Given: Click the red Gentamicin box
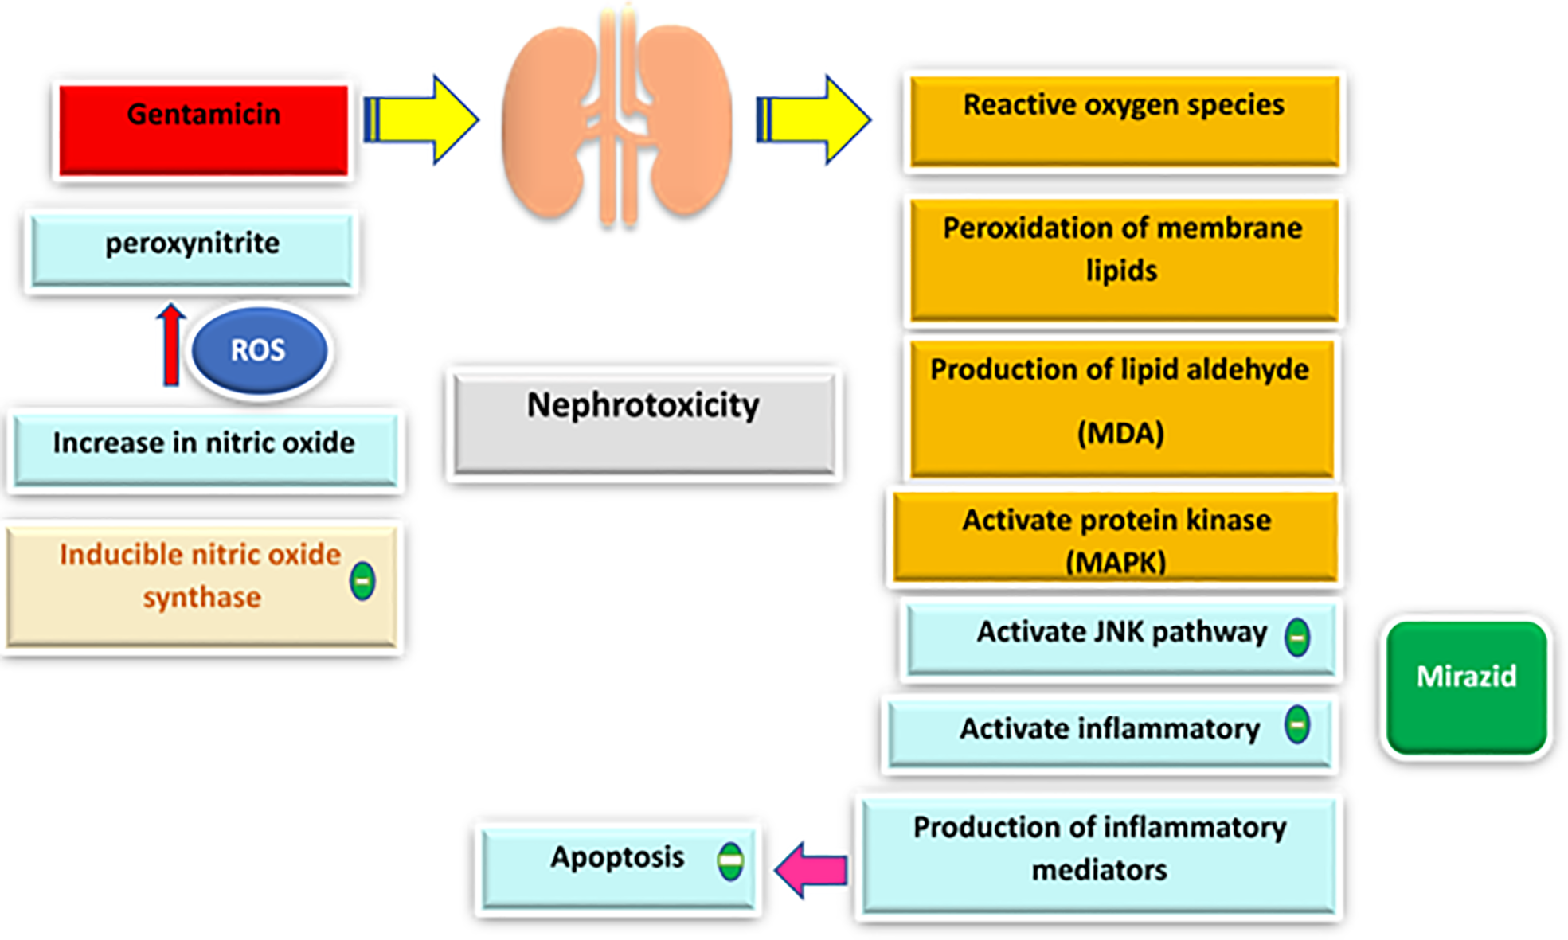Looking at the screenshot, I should pos(203,130).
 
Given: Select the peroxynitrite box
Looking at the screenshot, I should pos(191,248).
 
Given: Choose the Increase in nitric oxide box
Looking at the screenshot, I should pos(205,447).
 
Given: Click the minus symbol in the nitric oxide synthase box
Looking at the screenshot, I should pos(362,581).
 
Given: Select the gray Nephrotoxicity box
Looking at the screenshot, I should pos(643,422).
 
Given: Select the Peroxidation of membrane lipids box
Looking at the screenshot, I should pos(1123,259).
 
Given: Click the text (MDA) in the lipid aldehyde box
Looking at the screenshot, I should pos(1120,434).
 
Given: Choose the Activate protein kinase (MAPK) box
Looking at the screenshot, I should pos(1115,538).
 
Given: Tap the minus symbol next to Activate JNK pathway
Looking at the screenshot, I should pos(1297,637).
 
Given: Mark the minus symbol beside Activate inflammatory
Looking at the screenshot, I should pos(1297,725).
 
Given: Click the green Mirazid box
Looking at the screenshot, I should pos(1466,686).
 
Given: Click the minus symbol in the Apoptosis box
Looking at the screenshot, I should pos(730,860).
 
